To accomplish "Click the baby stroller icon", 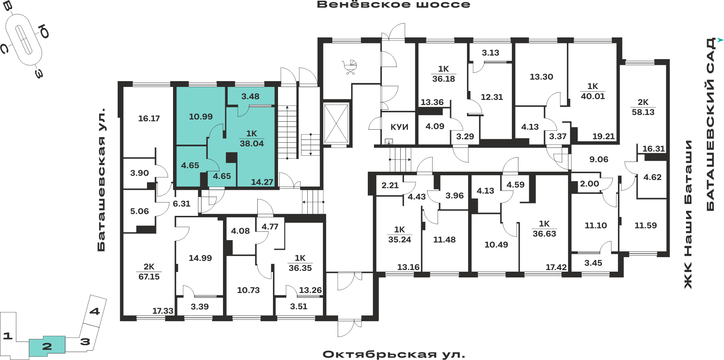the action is [350, 67].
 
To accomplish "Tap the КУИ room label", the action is [399, 127].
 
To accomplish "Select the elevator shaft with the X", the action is [336, 124].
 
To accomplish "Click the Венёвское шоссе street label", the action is [393, 5].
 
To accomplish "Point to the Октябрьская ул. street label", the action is [394, 354].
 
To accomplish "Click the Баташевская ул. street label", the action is [101, 179].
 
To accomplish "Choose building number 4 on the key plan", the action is [94, 311].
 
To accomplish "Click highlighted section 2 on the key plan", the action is [47, 346].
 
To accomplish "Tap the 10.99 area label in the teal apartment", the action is [201, 117].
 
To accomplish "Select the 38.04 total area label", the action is [252, 143].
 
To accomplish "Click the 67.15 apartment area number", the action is [149, 277].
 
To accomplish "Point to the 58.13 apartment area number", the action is [643, 112].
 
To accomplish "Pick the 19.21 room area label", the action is [603, 137].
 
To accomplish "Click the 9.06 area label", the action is [599, 159].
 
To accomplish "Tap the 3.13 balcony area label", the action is [490, 53].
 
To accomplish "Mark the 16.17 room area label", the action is [149, 118].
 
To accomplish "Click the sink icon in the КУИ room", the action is [389, 141].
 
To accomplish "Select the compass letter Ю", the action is [44, 32].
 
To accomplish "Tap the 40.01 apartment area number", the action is [593, 96].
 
